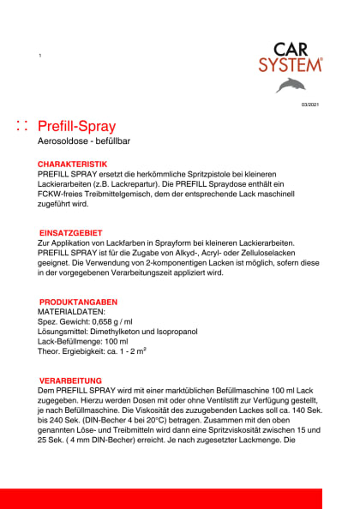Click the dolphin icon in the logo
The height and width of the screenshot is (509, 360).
point(295,85)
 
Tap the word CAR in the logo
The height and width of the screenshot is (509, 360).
point(293,49)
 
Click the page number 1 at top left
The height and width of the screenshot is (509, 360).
point(40,56)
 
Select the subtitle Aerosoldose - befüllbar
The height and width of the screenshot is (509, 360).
point(84,141)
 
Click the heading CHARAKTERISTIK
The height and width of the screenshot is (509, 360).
point(72,163)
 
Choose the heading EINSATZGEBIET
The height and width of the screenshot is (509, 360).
point(72,232)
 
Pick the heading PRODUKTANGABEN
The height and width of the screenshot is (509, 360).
point(79,302)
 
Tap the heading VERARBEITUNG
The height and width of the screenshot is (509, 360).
point(71,380)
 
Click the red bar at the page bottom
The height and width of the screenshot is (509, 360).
point(180,498)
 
